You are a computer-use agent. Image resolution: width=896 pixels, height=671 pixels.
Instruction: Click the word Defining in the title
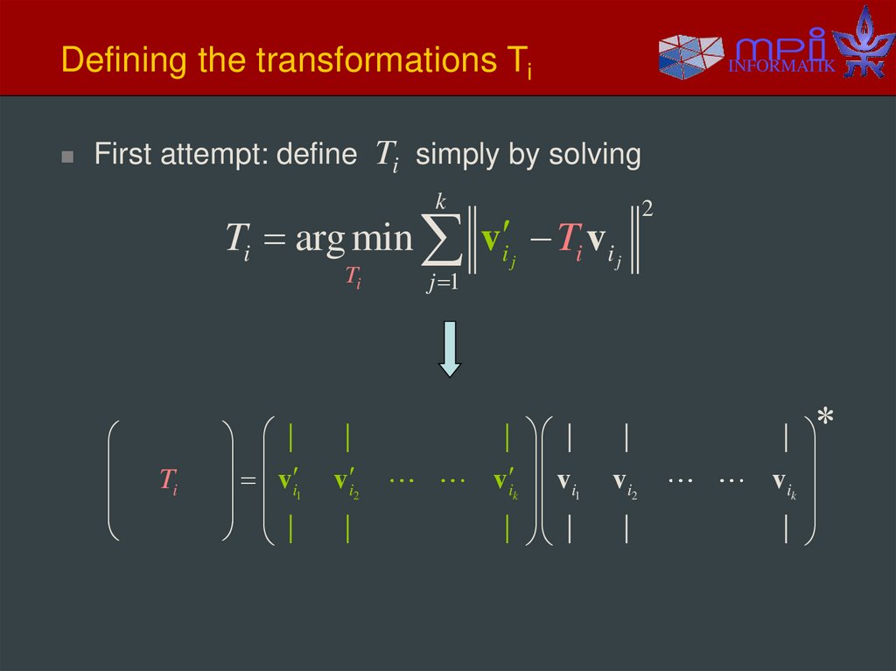click(x=111, y=61)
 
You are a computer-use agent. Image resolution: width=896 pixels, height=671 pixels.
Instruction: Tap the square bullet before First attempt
click(x=67, y=157)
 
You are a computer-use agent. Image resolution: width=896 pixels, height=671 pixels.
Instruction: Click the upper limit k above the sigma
click(x=442, y=203)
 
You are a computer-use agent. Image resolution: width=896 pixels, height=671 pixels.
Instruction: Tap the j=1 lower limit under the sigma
click(x=443, y=283)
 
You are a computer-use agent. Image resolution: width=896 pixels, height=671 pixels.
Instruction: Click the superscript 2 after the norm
click(x=647, y=210)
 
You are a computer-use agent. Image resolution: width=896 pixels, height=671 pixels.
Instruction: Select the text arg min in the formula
click(x=353, y=238)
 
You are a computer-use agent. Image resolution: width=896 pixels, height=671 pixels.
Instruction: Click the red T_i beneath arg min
click(x=353, y=278)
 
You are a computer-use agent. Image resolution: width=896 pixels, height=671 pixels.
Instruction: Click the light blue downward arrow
click(x=449, y=348)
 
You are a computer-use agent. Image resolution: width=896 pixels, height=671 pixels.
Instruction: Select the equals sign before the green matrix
click(x=248, y=481)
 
